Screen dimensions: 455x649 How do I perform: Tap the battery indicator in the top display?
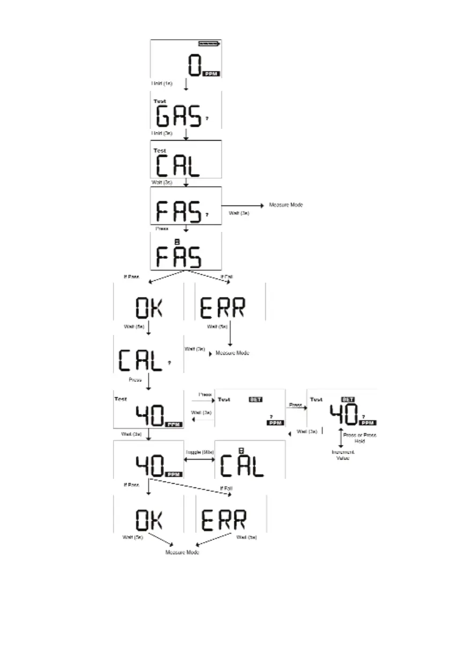click(x=208, y=43)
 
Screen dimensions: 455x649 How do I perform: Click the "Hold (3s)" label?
click(x=161, y=133)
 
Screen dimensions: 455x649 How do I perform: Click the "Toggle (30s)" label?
click(x=199, y=453)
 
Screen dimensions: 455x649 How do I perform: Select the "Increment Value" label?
click(x=339, y=456)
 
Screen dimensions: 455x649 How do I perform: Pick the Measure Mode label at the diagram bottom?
click(x=182, y=552)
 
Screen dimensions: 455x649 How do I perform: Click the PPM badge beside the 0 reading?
click(x=211, y=73)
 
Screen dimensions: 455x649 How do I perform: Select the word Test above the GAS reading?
click(x=160, y=101)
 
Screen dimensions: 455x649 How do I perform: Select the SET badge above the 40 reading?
click(x=348, y=400)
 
